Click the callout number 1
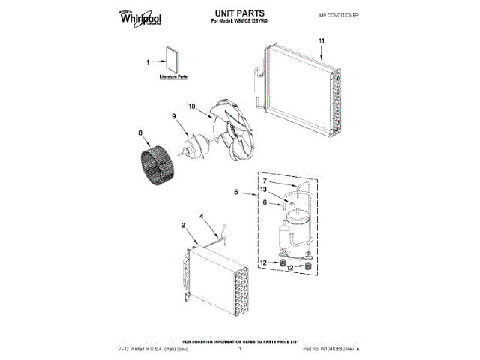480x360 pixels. [148, 62]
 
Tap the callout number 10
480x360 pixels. [191, 107]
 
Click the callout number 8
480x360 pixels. [140, 134]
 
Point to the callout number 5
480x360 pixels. [236, 193]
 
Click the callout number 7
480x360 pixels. [265, 181]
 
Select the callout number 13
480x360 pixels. [265, 190]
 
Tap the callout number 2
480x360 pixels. [184, 225]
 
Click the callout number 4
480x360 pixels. [202, 217]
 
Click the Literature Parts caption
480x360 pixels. [173, 77]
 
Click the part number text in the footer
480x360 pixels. [331, 349]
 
